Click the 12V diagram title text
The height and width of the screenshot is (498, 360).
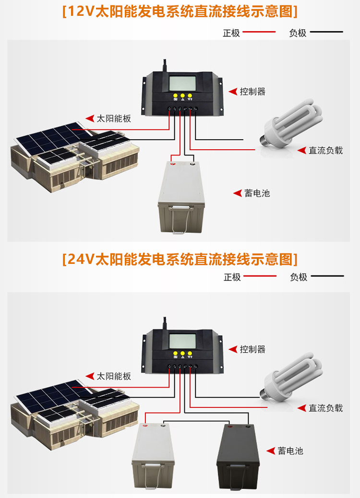[x=180, y=12]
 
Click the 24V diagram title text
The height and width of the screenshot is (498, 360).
[x=180, y=260]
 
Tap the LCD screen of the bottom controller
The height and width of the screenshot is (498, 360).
[x=182, y=342]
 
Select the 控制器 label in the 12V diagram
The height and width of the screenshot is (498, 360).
[x=252, y=91]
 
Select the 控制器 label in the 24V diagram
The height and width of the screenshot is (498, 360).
[x=252, y=349]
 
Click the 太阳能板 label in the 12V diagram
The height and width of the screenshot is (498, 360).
[x=114, y=118]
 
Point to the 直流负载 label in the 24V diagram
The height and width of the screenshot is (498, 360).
[x=325, y=408]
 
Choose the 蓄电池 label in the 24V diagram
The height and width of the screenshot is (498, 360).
[x=290, y=451]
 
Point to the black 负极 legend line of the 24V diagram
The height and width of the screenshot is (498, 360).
[x=327, y=276]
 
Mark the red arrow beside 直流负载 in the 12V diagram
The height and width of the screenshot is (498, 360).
[x=301, y=151]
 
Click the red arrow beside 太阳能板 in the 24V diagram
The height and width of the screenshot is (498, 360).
[x=90, y=376]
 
